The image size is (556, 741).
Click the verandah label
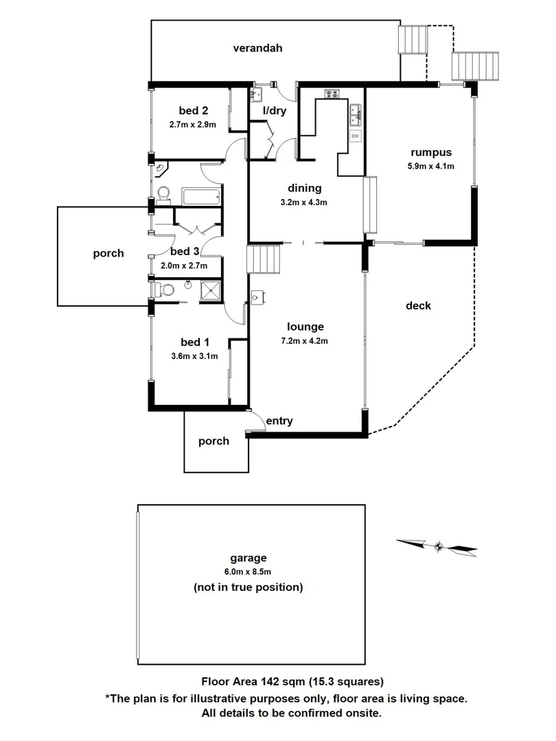257,48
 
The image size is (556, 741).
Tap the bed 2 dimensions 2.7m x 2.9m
192,125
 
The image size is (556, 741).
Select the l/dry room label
275,110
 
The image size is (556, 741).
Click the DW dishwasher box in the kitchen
356,136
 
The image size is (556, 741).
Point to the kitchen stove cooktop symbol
331,95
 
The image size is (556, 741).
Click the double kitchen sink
356,115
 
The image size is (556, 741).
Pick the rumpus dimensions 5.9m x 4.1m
432,166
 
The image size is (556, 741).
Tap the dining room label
305,189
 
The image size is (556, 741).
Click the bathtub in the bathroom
202,197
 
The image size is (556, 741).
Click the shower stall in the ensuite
211,291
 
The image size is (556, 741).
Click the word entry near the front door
279,421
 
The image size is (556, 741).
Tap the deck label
417,305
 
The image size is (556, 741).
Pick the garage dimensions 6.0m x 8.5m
248,572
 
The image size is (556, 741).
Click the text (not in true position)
248,587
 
